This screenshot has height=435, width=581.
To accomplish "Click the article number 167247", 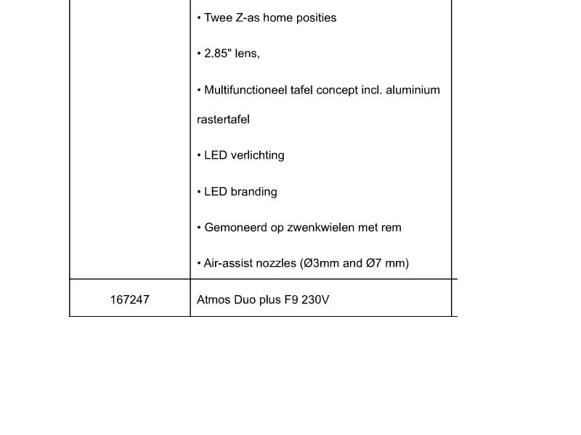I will [129, 299].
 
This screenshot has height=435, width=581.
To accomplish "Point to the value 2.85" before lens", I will [217, 54].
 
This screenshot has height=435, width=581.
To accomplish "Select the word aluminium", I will [413, 91].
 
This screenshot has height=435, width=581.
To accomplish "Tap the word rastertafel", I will [223, 120].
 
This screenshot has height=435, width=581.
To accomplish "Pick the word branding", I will [253, 192].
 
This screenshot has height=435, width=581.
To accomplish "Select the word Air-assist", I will [227, 263].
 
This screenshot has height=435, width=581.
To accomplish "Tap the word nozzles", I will [275, 263].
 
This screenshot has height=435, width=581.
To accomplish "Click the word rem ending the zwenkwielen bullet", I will [391, 228].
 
